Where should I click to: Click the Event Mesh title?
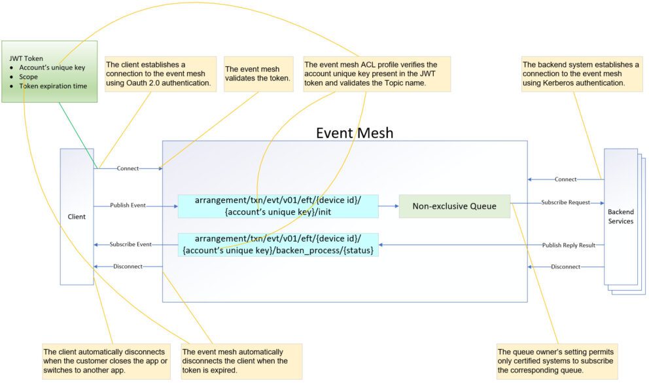[355, 133]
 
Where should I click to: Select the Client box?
[77, 217]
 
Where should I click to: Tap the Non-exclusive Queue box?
[454, 206]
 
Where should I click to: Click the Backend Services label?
[620, 217]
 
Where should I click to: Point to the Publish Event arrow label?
[128, 206]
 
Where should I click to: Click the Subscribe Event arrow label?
[130, 244]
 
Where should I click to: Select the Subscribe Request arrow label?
[565, 202]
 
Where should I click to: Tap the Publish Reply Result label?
[569, 245]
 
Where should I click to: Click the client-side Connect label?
[128, 168]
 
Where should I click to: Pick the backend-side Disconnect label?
[565, 266]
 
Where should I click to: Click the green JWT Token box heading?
[26, 58]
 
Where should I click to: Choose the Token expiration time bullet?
[54, 86]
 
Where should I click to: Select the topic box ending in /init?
[278, 206]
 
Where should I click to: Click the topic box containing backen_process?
[278, 244]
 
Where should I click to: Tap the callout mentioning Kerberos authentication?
[580, 74]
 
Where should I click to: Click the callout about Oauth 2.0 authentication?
[159, 74]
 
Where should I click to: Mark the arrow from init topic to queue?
[389, 206]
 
